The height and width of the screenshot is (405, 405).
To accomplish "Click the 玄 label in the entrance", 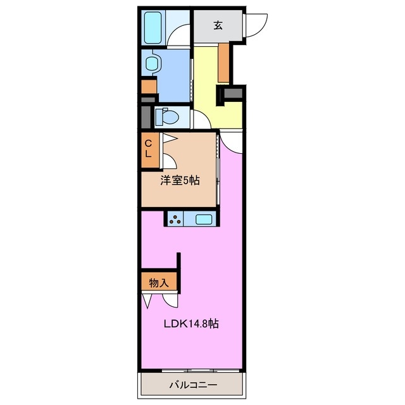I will [x=218, y=25].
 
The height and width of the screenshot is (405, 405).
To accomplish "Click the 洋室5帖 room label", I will [x=180, y=181].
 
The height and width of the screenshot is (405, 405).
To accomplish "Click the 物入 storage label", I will [x=159, y=283].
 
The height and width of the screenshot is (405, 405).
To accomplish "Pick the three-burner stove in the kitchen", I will [x=175, y=220].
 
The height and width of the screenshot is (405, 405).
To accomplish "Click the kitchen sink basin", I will [x=204, y=220].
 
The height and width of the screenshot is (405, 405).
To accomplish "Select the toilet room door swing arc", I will [x=201, y=118].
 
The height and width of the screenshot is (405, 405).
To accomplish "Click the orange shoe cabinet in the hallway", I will [x=223, y=63].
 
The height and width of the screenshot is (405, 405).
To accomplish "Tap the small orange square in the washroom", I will [x=148, y=85].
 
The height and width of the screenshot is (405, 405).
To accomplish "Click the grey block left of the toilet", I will [x=146, y=118].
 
